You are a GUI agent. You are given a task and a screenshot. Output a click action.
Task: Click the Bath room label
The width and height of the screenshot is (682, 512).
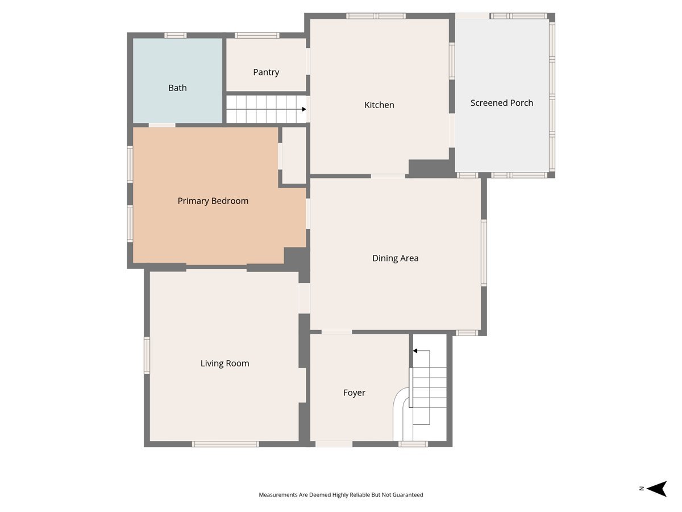point(177,88)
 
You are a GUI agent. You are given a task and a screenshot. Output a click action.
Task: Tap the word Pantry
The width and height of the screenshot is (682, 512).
point(266,72)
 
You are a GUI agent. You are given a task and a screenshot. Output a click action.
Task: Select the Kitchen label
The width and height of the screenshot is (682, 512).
point(379,105)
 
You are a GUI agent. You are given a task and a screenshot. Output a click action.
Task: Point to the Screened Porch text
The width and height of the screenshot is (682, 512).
point(501,103)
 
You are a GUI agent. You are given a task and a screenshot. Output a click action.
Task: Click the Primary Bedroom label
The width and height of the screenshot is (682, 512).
point(213,201)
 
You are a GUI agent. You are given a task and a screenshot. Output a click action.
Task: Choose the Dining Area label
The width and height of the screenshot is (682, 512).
point(395,258)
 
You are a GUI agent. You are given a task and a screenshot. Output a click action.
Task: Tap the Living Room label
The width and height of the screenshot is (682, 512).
point(224,364)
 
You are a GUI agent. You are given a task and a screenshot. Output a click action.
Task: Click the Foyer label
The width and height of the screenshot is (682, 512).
point(354,393)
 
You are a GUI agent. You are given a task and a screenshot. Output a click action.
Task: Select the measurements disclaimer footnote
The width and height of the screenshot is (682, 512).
point(341,494)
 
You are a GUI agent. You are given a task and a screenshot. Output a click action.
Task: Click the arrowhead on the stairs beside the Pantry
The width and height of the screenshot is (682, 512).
point(304,109)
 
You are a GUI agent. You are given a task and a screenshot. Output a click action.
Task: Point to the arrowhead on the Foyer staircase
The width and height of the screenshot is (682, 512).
point(415,351)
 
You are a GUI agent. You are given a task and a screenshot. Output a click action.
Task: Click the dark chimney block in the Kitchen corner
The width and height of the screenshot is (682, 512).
point(429,168)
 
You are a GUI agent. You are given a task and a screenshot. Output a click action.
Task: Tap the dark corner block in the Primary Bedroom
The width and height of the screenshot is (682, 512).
point(295,257)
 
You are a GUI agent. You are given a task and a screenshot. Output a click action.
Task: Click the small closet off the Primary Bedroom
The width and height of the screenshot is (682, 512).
point(294,155)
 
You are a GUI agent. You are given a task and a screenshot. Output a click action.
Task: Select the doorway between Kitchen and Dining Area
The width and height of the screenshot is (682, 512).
point(388,176)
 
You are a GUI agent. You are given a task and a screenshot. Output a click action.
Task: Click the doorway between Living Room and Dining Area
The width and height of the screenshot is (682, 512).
point(304,298)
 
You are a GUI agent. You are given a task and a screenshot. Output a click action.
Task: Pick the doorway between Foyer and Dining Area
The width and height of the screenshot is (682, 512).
point(337,332)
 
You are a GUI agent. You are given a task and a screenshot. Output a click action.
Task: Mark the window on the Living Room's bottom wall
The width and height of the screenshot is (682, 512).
point(225,444)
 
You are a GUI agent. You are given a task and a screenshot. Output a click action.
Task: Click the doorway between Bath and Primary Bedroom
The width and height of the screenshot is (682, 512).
point(162,125)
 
